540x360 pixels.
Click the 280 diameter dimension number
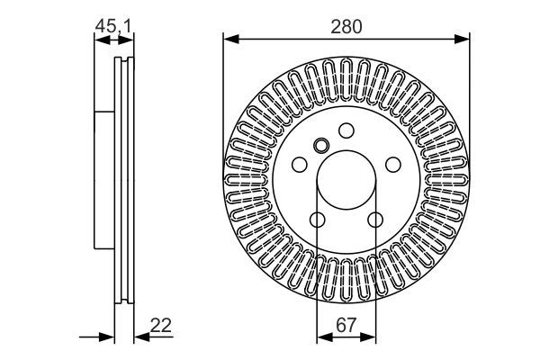346,26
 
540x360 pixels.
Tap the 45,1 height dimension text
113,27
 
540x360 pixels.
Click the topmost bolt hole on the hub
346,130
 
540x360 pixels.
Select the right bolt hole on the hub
392,165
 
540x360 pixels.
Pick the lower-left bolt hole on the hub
318,219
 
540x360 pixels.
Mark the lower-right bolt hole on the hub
374,219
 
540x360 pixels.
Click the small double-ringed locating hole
322,146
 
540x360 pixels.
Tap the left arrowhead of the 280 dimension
229,39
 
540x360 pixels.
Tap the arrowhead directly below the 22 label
141,337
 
